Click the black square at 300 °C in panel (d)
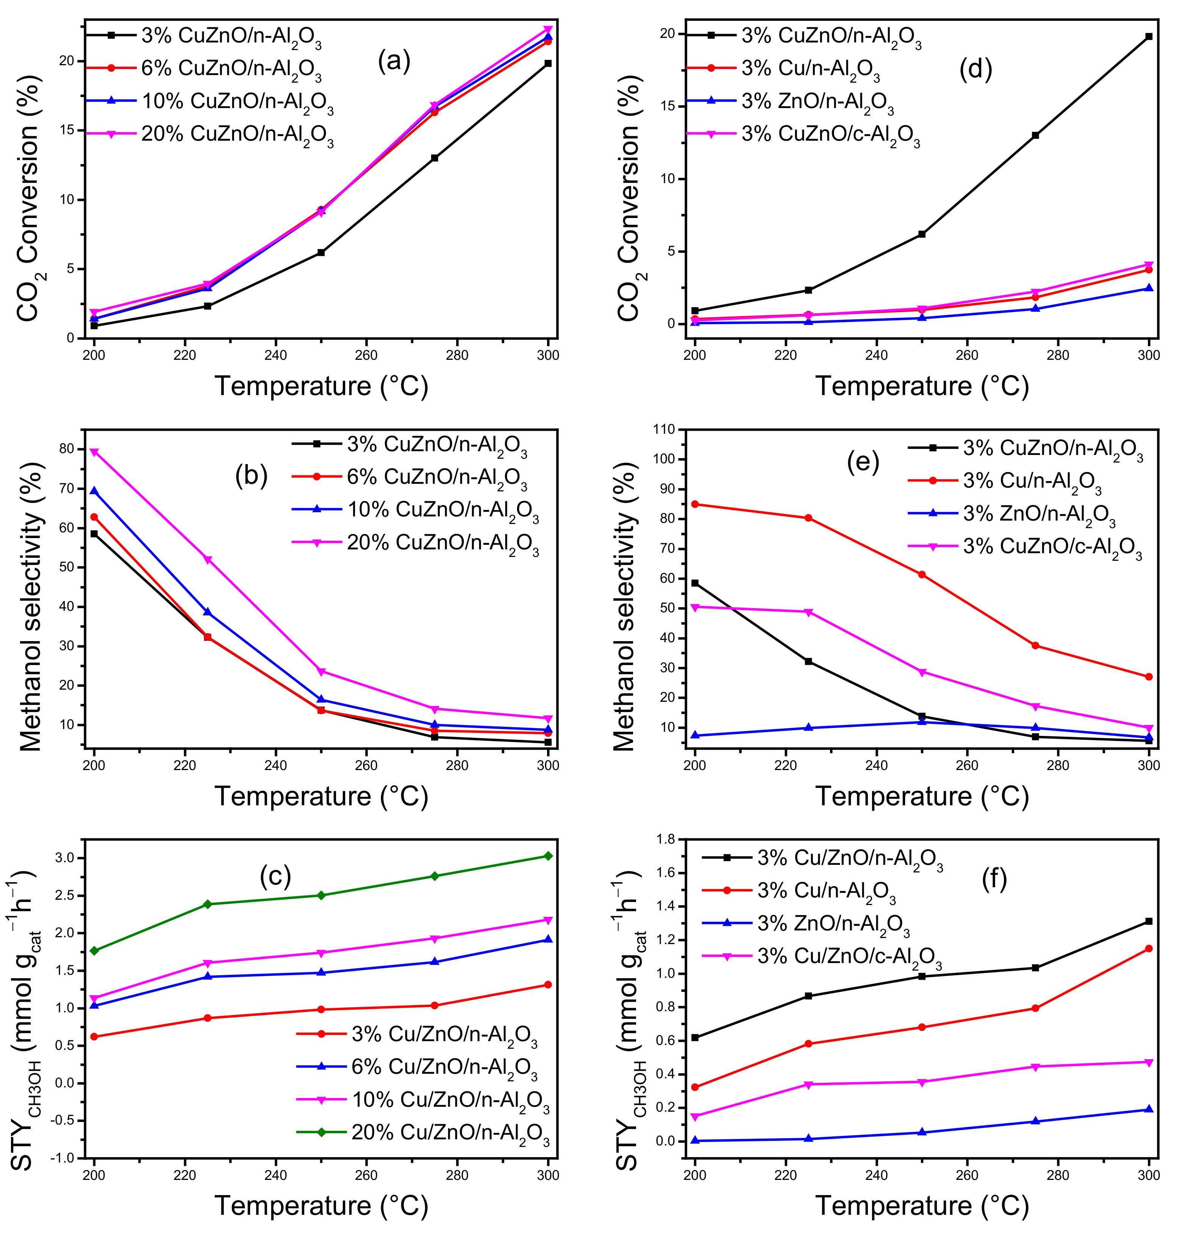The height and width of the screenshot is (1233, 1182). [1149, 36]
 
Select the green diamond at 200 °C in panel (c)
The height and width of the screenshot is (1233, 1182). [94, 951]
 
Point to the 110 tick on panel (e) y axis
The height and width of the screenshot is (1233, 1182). [664, 430]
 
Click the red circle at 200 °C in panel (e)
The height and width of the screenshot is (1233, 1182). [695, 504]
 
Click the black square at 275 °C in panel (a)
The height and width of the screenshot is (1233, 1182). [435, 158]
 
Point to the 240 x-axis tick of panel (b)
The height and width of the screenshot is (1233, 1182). [275, 766]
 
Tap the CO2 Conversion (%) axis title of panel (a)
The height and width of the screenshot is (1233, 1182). [29, 198]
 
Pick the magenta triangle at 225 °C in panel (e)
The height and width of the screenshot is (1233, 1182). [808, 612]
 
